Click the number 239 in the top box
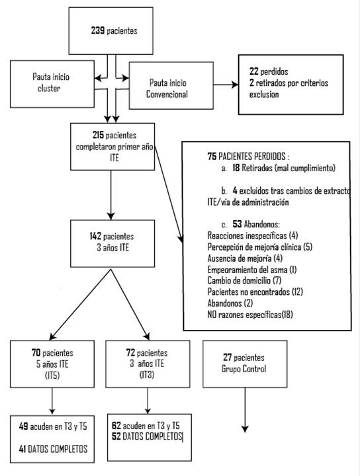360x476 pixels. pyautogui.click(x=98, y=30)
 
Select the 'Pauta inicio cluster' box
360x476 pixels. pyautogui.click(x=52, y=84)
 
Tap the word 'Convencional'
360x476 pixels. pyautogui.click(x=167, y=94)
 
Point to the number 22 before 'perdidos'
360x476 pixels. pyautogui.click(x=254, y=71)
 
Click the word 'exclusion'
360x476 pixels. pyautogui.click(x=264, y=95)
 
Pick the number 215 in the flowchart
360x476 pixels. pyautogui.click(x=98, y=135)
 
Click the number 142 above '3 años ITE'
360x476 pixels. pyautogui.click(x=95, y=236)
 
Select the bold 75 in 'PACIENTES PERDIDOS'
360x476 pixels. pyautogui.click(x=212, y=156)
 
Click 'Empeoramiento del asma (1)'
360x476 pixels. pyautogui.click(x=252, y=269)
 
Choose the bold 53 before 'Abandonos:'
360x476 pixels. pyautogui.click(x=237, y=224)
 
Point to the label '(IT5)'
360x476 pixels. pyautogui.click(x=52, y=376)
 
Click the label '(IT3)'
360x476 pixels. pyautogui.click(x=147, y=375)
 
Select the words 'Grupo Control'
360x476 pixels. pyautogui.click(x=244, y=369)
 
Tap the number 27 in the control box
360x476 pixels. pyautogui.click(x=227, y=357)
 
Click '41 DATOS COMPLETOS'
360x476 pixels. pyautogui.click(x=53, y=449)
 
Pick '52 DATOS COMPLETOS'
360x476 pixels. pyautogui.click(x=147, y=436)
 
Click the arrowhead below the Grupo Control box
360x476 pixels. pyautogui.click(x=245, y=428)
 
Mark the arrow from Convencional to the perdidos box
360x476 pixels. pyautogui.click(x=226, y=85)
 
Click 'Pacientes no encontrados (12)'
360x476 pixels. pyautogui.click(x=255, y=292)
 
